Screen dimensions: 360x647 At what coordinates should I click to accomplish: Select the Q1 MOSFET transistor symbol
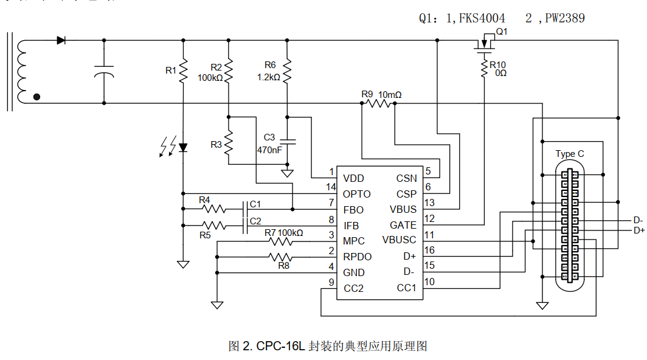coord(485,44)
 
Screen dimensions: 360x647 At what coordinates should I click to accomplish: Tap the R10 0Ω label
coord(498,69)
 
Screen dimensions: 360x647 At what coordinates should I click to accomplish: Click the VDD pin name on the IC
coord(353,178)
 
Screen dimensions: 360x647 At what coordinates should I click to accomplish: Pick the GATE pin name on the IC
coord(403,225)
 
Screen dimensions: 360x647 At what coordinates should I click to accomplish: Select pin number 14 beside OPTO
coord(331,187)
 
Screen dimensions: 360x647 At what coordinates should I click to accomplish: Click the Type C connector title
coord(569,154)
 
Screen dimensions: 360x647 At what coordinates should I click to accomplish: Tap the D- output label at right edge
coord(638,221)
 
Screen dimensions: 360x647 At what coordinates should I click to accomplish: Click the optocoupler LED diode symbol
coord(183,147)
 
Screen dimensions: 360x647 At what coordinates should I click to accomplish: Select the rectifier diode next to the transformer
coord(61,40)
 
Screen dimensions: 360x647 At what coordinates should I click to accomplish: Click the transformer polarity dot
coord(37,96)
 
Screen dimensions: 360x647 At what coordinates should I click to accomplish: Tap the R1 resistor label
coord(171,71)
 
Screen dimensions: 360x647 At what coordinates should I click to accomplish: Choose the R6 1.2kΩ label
coord(269,71)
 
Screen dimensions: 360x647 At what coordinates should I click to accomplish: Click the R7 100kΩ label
coord(283,233)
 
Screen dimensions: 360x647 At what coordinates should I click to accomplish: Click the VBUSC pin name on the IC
coord(400,240)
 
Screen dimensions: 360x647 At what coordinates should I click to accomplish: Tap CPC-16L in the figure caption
coord(280,346)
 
